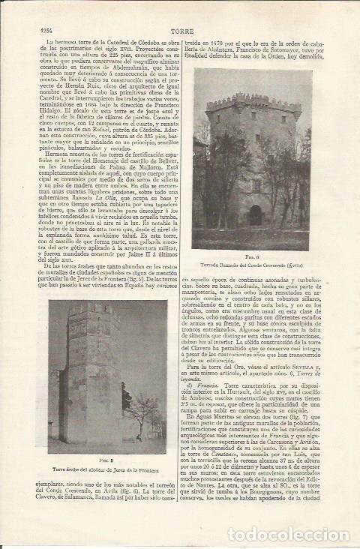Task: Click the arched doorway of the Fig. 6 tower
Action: (256, 215)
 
